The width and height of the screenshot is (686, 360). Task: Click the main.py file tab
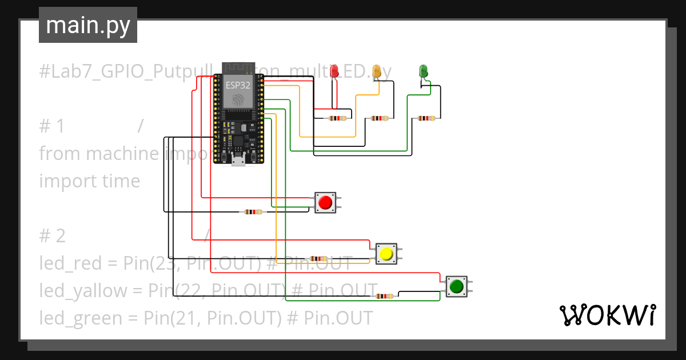(87, 25)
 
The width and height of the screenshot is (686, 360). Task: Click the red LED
(334, 71)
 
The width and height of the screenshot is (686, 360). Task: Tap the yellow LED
(377, 71)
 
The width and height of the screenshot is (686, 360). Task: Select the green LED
(424, 71)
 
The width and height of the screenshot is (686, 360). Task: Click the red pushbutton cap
(325, 202)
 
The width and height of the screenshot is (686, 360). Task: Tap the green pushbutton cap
(456, 286)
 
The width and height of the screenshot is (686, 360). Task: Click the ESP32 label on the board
(237, 85)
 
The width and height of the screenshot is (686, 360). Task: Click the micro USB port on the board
(238, 161)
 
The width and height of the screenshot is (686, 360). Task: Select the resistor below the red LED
(337, 119)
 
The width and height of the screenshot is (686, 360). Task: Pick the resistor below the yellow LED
(380, 119)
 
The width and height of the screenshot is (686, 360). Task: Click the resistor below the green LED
(426, 118)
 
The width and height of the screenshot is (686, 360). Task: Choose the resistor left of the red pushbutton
(253, 212)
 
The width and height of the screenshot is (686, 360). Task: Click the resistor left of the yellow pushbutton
(318, 259)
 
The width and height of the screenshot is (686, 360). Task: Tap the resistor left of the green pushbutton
(384, 296)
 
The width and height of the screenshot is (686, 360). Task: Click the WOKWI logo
(607, 315)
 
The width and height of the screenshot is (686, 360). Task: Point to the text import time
(90, 181)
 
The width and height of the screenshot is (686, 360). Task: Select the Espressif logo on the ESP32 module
(238, 101)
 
